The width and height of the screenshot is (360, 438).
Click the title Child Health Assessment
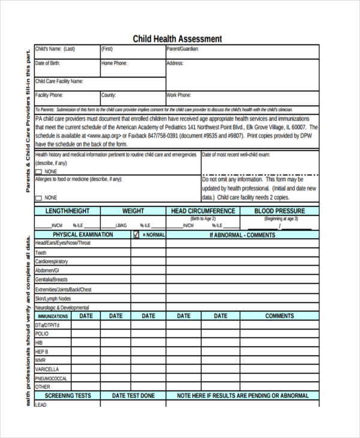tap(177, 39)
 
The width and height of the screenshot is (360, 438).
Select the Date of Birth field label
tap(48, 63)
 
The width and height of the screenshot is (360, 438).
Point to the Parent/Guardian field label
tap(182, 49)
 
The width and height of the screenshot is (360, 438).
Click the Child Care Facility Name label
tap(59, 81)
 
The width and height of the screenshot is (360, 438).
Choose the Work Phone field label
tap(179, 95)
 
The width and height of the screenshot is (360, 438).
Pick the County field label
tap(109, 95)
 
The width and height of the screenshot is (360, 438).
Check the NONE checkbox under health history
tap(39, 172)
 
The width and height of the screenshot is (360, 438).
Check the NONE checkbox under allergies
tap(39, 197)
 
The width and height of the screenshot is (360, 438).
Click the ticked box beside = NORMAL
tap(136, 235)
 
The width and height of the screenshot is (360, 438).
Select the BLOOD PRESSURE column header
tap(280, 211)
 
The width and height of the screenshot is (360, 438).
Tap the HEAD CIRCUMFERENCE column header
tap(203, 211)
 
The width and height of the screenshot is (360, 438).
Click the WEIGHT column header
tap(133, 211)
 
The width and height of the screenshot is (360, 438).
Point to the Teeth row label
tap(41, 253)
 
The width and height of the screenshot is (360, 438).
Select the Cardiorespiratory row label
tap(52, 262)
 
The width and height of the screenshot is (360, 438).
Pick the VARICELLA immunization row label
tap(47, 369)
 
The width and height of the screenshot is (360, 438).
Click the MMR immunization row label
tap(41, 360)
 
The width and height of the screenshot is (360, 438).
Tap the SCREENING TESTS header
tap(68, 396)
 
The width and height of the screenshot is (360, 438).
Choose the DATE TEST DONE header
tap(133, 396)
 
